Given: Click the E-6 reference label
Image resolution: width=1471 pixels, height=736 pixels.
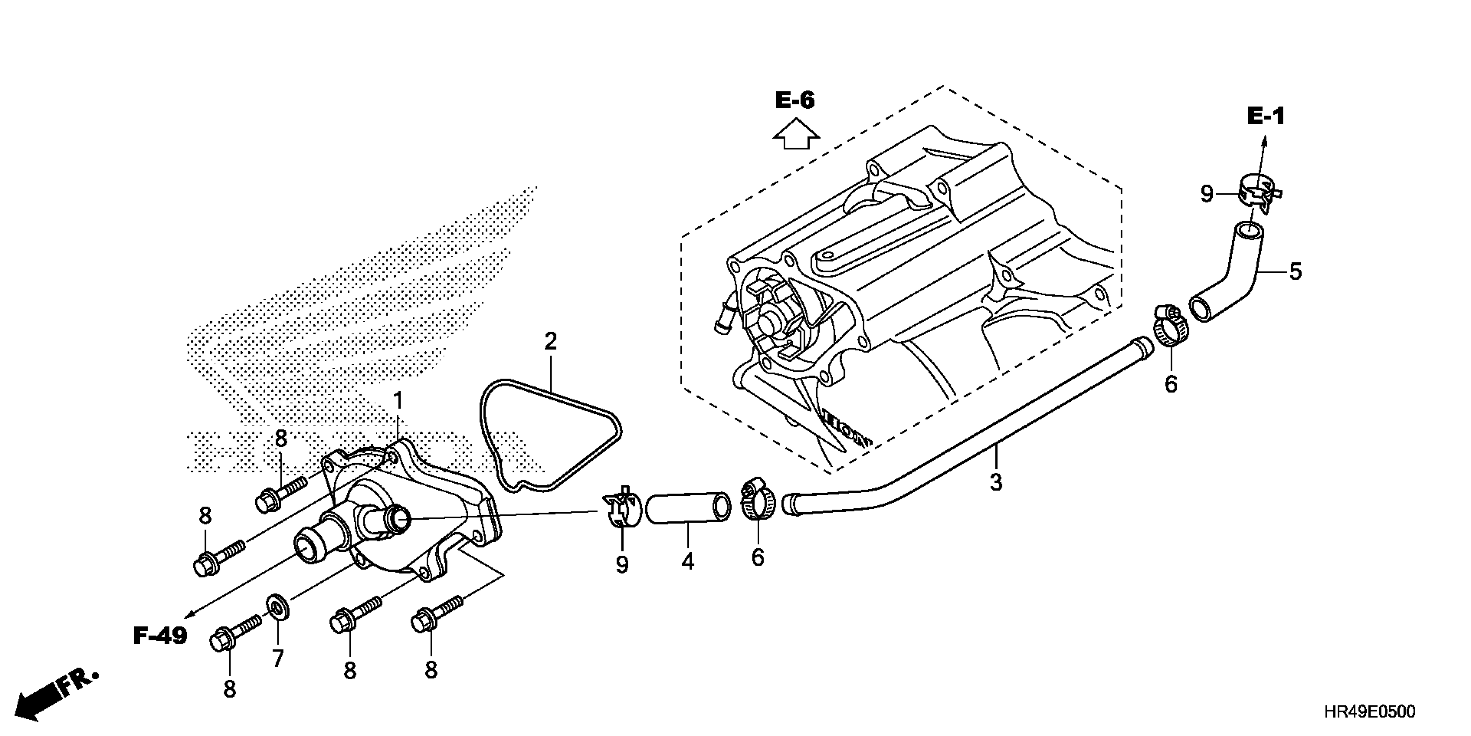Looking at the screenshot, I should (x=795, y=100).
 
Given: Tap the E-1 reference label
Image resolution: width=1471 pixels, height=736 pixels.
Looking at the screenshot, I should (x=1265, y=116).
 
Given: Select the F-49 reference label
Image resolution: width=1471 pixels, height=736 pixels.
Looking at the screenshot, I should (x=161, y=636).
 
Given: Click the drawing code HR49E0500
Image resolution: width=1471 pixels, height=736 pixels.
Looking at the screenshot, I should (x=1369, y=712).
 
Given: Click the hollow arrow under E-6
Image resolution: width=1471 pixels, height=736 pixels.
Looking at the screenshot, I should (x=796, y=134).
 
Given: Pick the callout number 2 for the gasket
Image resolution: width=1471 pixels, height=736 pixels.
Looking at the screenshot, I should (x=550, y=342).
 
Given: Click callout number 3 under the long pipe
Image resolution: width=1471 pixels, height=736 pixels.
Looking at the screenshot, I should (x=996, y=482).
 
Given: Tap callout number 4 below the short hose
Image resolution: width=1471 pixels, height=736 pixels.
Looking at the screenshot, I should (x=687, y=562).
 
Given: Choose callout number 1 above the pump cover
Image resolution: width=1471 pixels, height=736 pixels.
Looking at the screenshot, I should (x=398, y=400).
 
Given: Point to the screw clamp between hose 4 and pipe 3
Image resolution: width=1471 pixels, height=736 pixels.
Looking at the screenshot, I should (x=756, y=500).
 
